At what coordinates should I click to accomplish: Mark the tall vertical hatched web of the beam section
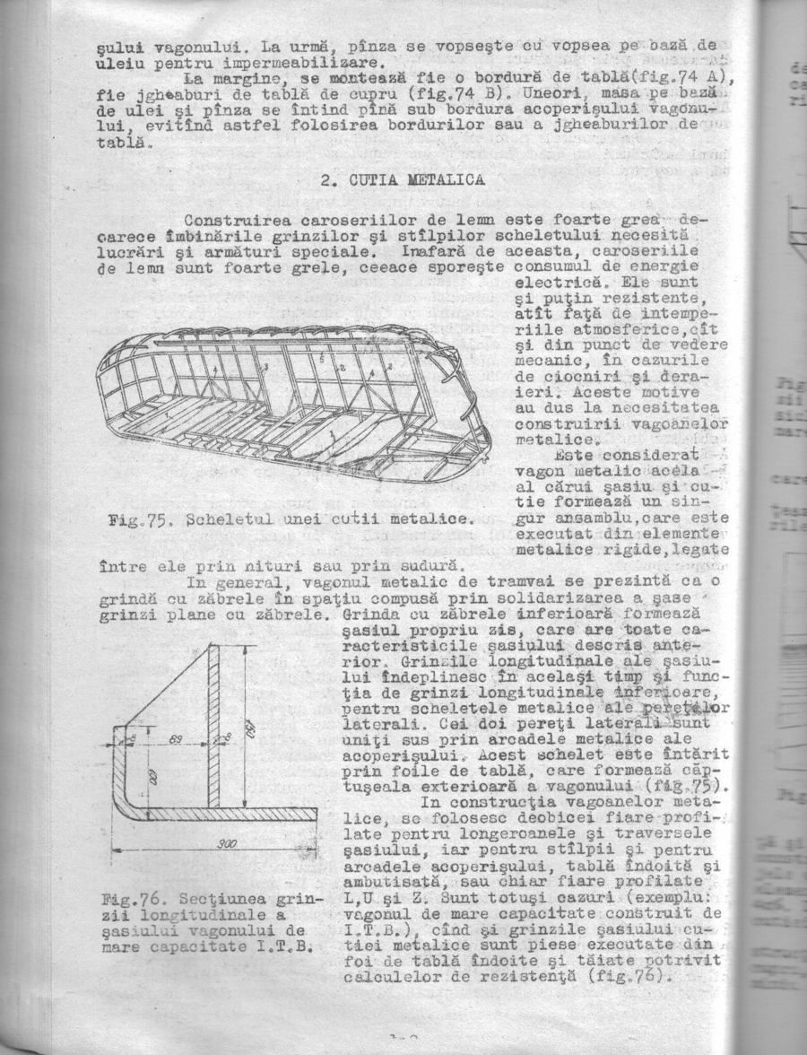[213, 727]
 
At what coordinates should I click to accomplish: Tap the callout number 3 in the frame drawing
[265, 368]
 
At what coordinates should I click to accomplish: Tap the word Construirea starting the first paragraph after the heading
[238, 221]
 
